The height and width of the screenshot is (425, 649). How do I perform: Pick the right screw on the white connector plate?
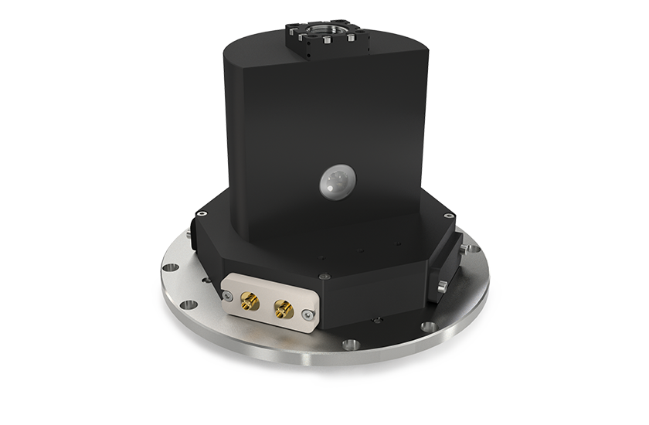pos(308,314)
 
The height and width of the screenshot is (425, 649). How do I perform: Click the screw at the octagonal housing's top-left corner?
pos(203,213)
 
